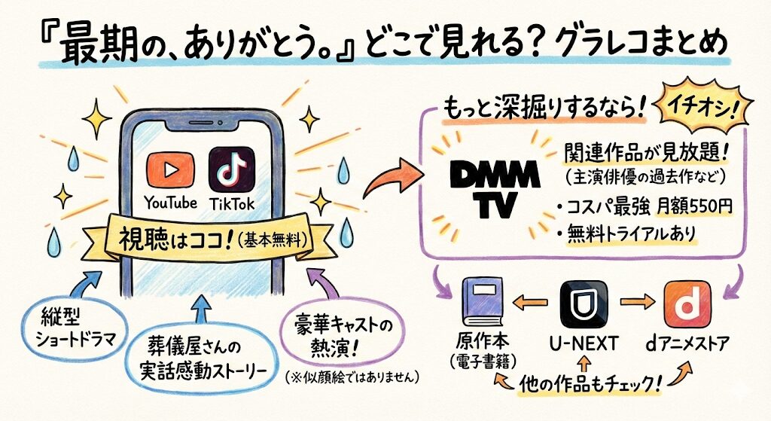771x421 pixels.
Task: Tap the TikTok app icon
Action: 231,171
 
